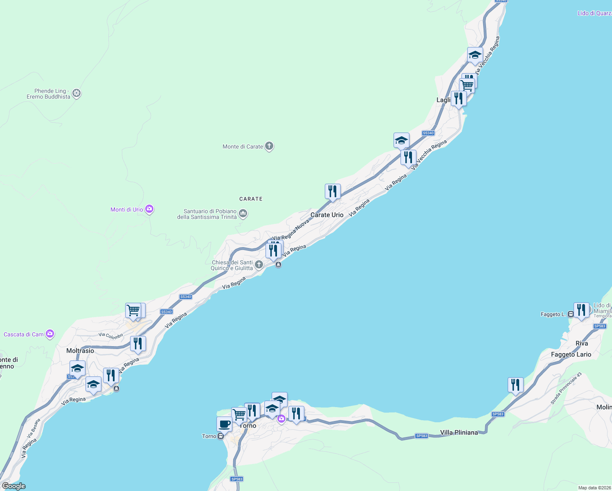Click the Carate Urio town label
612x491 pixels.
pyautogui.click(x=327, y=215)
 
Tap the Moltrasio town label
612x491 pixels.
pyautogui.click(x=80, y=351)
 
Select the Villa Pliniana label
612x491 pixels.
pyautogui.click(x=459, y=432)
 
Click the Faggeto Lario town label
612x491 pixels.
pyautogui.click(x=571, y=354)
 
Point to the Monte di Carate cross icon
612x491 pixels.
pyautogui.click(x=269, y=146)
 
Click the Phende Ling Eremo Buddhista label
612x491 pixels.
pyautogui.click(x=49, y=94)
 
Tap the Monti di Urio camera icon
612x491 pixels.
pyautogui.click(x=149, y=209)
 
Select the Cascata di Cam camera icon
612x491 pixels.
pyautogui.click(x=50, y=334)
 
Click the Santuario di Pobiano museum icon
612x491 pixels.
pyautogui.click(x=243, y=214)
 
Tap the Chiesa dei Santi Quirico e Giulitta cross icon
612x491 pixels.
pyautogui.click(x=259, y=265)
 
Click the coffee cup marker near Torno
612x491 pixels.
pyautogui.click(x=224, y=424)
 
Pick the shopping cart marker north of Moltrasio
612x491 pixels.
pyautogui.click(x=133, y=310)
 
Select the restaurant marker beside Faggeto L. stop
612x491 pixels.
pyautogui.click(x=580, y=310)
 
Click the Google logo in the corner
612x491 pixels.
pyautogui.click(x=13, y=486)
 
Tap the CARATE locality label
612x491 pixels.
pyautogui.click(x=251, y=199)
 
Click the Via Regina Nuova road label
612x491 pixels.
pyautogui.click(x=291, y=230)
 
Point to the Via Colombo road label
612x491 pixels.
pyautogui.click(x=110, y=336)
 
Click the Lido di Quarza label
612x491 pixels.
pyautogui.click(x=594, y=13)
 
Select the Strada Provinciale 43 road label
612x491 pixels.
pyautogui.click(x=566, y=388)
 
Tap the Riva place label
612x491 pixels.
pyautogui.click(x=582, y=343)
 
